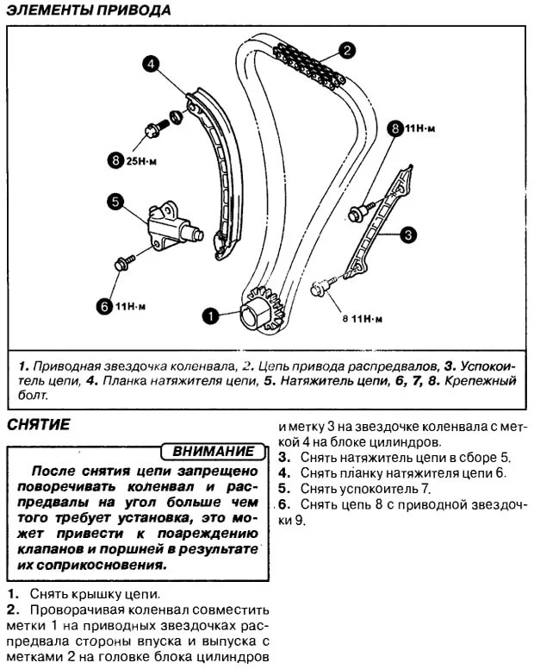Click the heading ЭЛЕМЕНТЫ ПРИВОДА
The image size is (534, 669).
pos(88,11)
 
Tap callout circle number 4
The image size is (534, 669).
pos(150,64)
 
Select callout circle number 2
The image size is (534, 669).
pos(345,50)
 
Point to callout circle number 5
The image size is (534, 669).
pos(115,202)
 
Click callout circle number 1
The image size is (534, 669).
pos(208,316)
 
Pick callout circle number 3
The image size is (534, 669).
pos(408,233)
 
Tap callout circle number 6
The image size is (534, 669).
pos(104,303)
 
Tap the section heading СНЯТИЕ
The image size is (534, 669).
pos(37,424)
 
